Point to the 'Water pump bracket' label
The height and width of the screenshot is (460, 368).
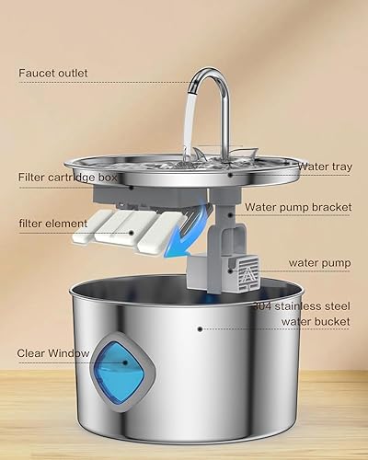pos(297,207)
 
